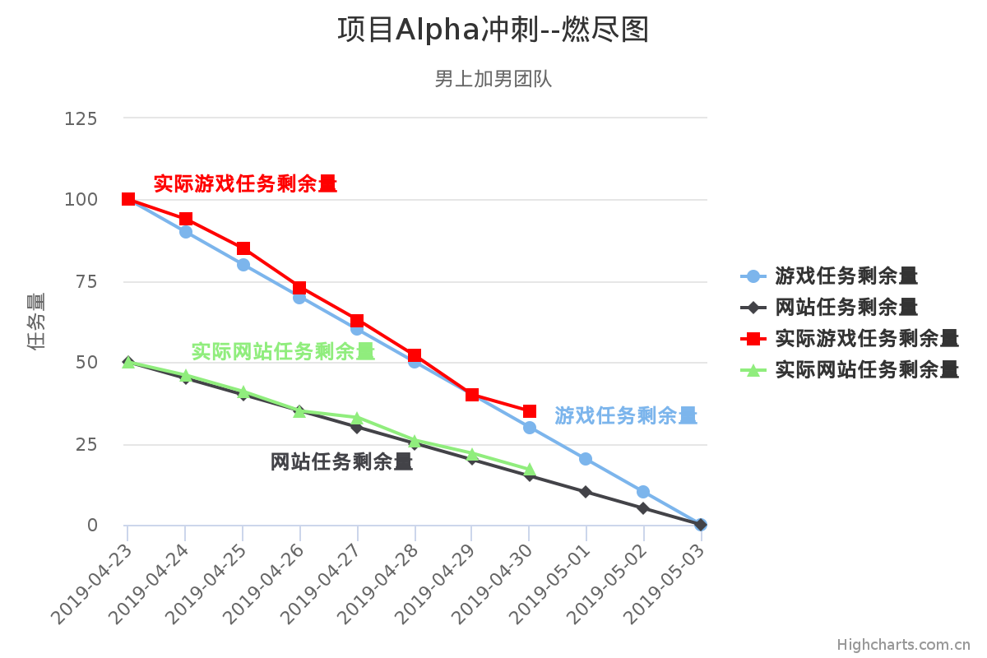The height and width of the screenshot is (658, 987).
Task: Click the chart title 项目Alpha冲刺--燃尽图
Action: point(493,30)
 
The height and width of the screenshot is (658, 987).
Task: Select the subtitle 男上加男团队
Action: point(493,79)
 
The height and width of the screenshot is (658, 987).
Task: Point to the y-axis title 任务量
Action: point(36,322)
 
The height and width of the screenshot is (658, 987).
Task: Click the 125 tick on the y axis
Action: point(81,118)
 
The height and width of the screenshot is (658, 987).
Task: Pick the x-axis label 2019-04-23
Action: point(93,580)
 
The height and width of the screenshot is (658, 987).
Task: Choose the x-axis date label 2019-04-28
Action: point(379,580)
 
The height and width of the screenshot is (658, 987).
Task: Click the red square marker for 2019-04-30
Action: point(530,411)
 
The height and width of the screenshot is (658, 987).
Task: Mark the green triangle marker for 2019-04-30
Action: point(530,470)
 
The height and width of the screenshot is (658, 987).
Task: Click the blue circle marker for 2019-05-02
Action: point(643,492)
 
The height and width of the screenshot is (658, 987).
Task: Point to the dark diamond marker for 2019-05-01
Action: point(586,492)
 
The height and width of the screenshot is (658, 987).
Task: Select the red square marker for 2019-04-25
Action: point(243,248)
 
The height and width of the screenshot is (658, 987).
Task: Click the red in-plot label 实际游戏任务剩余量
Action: point(245,184)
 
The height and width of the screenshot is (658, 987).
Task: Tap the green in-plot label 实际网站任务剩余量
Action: point(283,352)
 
